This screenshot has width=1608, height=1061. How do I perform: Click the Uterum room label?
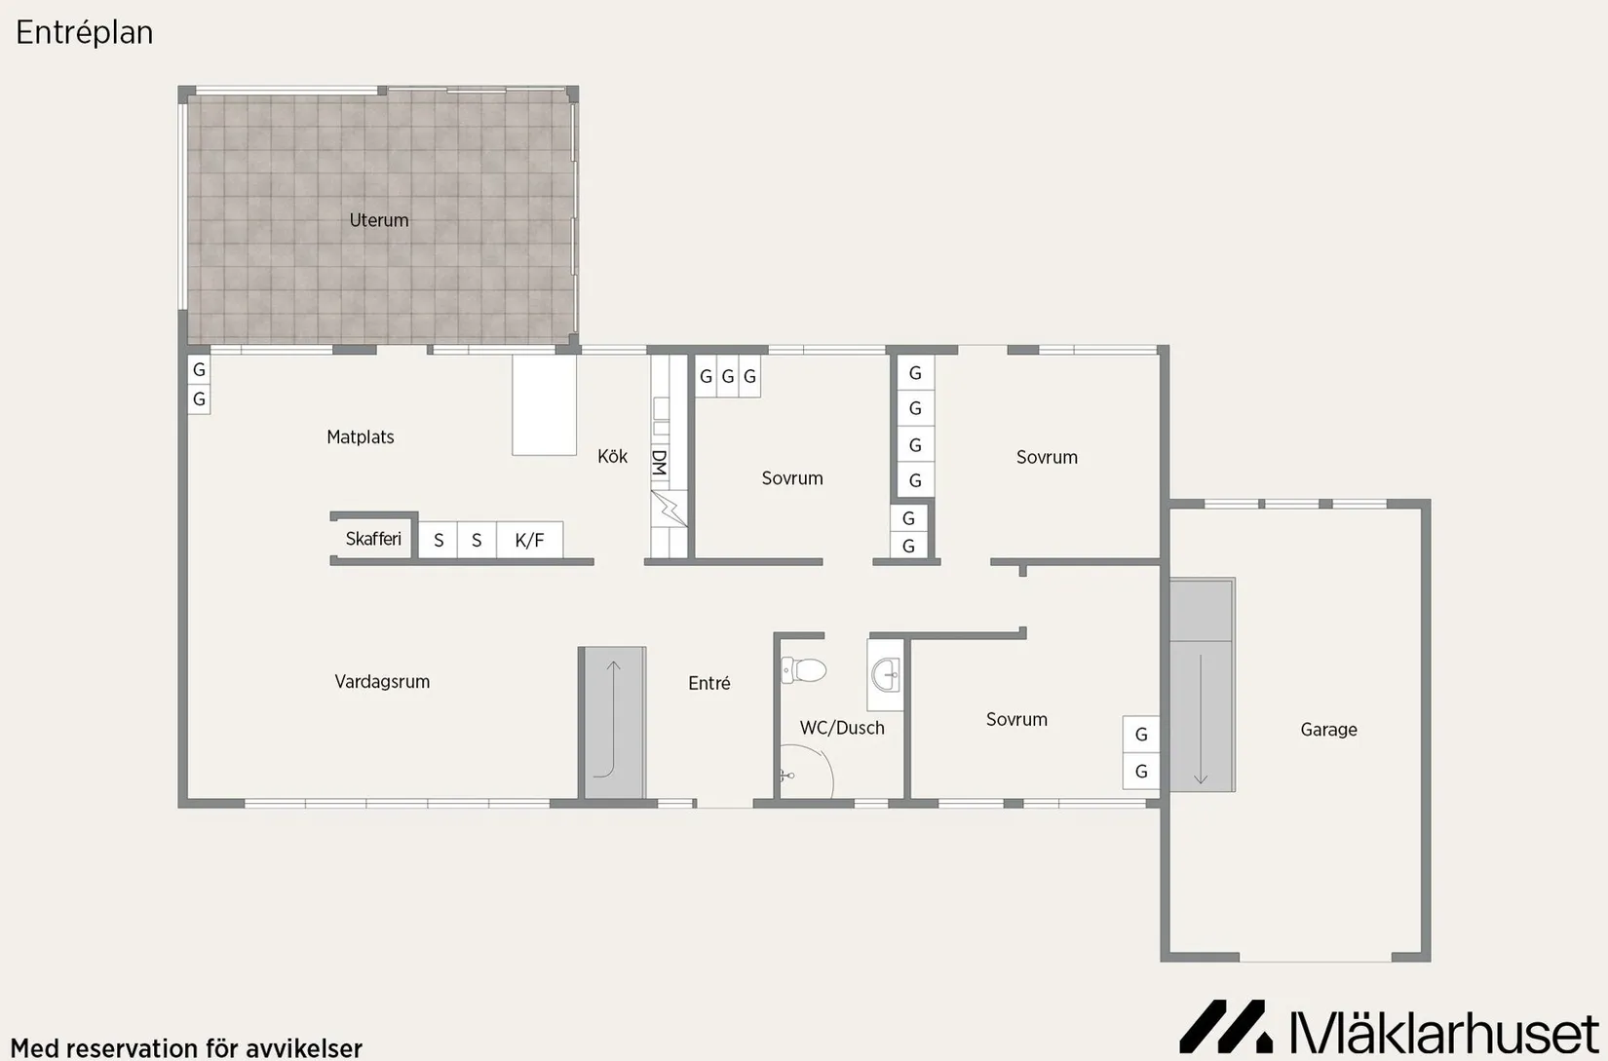click(x=379, y=219)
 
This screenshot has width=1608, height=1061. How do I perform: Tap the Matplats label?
click(x=361, y=436)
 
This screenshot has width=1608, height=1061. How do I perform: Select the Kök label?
click(x=612, y=456)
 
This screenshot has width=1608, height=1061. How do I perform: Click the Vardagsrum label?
click(x=382, y=681)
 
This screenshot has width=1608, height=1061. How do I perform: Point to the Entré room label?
click(x=709, y=683)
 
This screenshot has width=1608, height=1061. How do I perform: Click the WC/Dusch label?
click(x=842, y=727)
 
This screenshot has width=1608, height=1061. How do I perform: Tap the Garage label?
click(x=1328, y=730)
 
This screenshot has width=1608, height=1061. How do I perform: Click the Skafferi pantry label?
click(x=373, y=539)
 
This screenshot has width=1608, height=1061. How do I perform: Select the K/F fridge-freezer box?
click(x=530, y=540)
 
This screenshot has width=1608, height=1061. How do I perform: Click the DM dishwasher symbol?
click(x=660, y=463)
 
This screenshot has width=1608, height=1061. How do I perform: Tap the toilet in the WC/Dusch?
click(x=803, y=670)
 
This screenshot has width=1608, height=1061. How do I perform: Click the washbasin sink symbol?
click(x=887, y=675)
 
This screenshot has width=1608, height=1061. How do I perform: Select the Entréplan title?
click(x=85, y=33)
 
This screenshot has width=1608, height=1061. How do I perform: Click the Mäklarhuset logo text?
click(x=1444, y=1032)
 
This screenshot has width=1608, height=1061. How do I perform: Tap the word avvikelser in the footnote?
click(x=304, y=1048)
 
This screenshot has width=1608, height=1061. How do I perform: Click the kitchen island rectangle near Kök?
click(x=544, y=405)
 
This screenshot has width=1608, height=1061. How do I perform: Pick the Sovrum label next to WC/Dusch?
click(x=1016, y=719)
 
